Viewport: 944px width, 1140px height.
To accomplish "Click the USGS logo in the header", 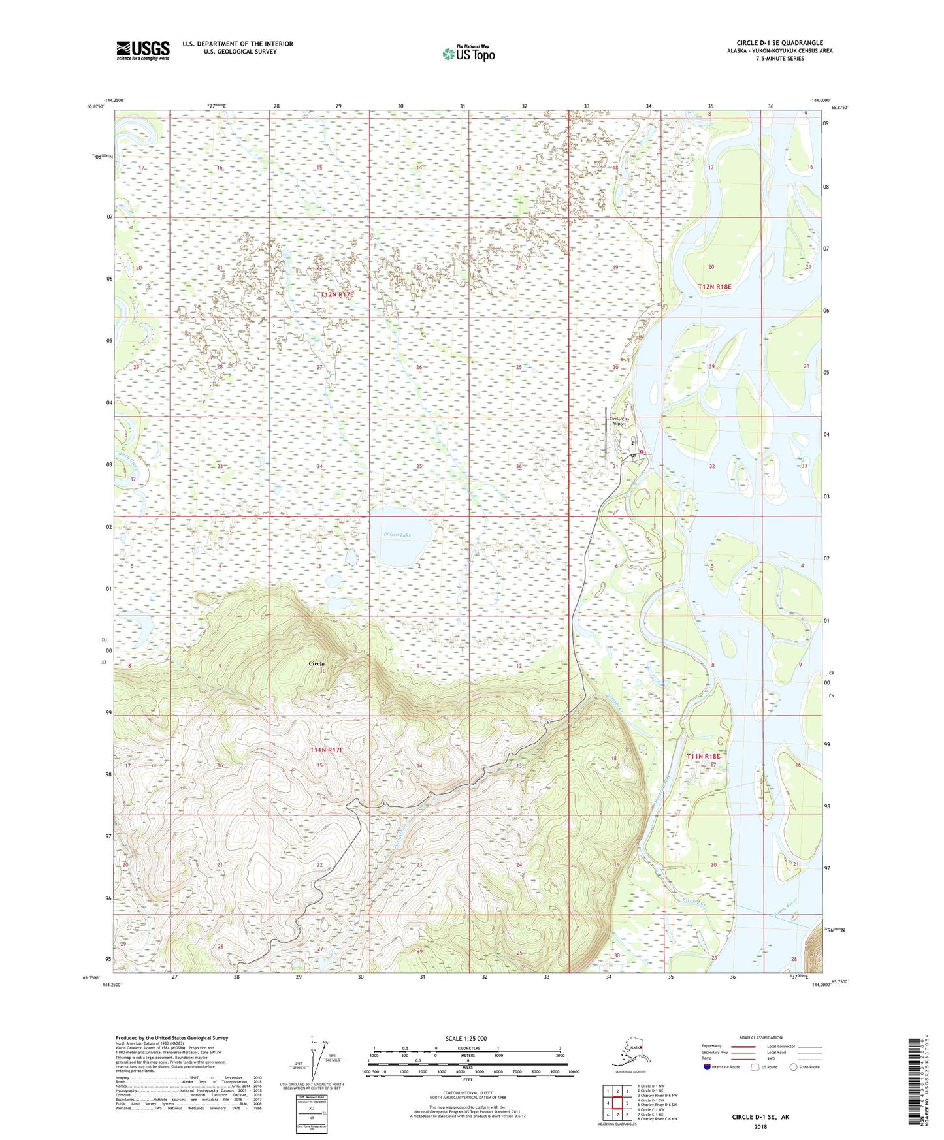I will pos(142,50).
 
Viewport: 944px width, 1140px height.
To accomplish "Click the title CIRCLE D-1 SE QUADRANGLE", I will pos(779,43).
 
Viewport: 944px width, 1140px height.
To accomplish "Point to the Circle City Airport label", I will pos(619,421).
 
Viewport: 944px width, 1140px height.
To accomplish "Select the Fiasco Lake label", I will pos(398,535).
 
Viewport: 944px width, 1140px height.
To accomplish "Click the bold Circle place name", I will pos(316,663).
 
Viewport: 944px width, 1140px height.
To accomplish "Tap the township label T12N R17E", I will pos(336,295).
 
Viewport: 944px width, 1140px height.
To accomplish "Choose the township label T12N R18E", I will pos(715,287).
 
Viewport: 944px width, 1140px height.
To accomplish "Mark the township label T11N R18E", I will pos(703,756).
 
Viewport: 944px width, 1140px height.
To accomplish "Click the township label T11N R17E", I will pos(327,751).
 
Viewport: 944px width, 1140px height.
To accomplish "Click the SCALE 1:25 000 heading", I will pos(466,1038).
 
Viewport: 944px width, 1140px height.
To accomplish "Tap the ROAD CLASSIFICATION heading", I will pos(761,1037).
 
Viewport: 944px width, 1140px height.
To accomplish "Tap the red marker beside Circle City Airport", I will pos(642,452).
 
